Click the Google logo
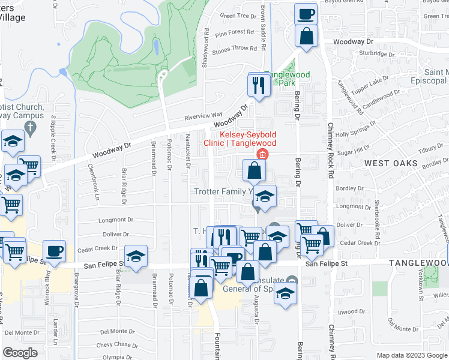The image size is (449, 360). click(20, 352)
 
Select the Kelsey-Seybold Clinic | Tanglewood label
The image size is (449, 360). click(247, 139)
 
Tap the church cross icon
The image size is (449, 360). click(32, 128)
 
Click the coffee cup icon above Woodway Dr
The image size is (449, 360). click(306, 13)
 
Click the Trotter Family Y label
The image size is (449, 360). click(221, 191)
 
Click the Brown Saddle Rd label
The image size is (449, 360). click(263, 20)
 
